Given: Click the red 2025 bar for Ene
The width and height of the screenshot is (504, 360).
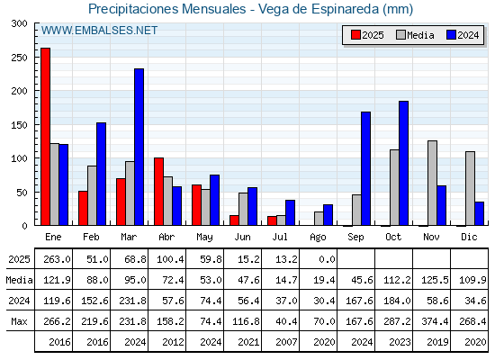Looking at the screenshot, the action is [x=45, y=137].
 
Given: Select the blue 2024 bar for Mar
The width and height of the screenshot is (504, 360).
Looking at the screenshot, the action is [x=139, y=147].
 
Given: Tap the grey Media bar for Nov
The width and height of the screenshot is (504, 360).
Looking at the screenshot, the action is [x=432, y=183].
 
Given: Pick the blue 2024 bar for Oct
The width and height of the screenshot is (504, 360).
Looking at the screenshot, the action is [x=404, y=163].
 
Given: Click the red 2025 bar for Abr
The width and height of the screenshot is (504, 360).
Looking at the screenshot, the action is [x=158, y=192].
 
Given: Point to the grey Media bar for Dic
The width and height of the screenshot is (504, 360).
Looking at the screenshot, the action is [x=470, y=188].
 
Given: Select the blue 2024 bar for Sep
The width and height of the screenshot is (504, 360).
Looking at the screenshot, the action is [x=365, y=169].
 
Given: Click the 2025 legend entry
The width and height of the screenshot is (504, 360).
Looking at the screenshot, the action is [x=367, y=35].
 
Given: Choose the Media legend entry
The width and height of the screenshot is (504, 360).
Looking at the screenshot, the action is [x=415, y=35].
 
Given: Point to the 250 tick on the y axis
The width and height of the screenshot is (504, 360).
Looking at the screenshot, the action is [x=19, y=58].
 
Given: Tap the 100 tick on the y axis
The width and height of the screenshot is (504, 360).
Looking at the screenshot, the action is [x=19, y=158].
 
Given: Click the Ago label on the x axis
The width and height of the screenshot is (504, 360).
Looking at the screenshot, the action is [x=319, y=238].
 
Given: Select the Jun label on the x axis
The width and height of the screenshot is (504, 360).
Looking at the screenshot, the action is [x=242, y=237].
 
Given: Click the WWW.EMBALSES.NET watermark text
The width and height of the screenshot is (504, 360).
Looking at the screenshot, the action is [x=99, y=31].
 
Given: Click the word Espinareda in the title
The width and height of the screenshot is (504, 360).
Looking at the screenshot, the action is [x=345, y=9].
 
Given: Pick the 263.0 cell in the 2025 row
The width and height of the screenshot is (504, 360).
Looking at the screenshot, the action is [x=57, y=259].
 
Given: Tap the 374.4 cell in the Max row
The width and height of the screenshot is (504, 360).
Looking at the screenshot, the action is [x=435, y=321].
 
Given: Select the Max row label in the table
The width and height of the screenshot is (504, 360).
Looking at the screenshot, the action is [x=19, y=321].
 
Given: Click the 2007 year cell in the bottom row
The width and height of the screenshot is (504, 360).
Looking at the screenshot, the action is [x=286, y=342].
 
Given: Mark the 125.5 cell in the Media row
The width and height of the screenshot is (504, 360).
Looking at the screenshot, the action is [x=435, y=280].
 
